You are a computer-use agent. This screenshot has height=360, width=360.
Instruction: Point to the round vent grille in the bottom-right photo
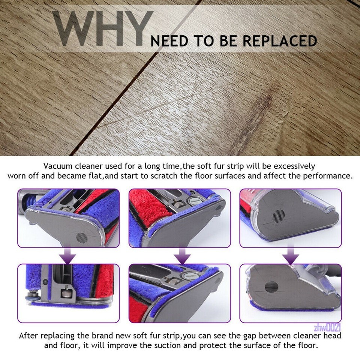(270, 287)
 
